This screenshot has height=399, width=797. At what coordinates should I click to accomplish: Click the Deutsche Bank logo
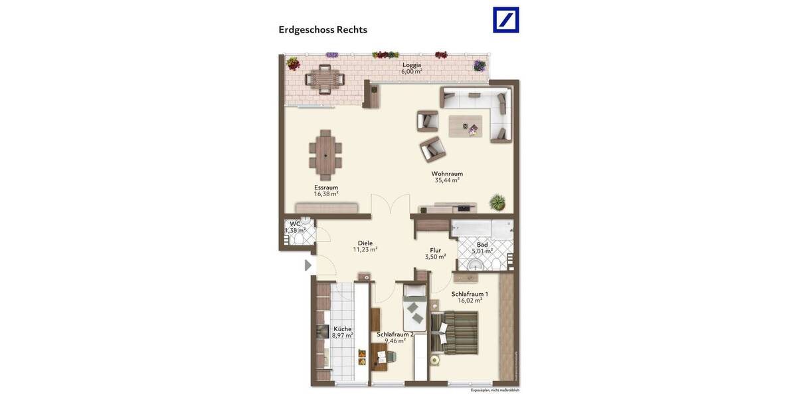click(x=505, y=20)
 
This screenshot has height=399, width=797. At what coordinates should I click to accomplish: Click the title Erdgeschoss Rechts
click(x=323, y=30)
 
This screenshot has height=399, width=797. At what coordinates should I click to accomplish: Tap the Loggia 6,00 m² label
click(x=412, y=68)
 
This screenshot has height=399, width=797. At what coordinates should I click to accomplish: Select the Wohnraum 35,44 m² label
click(x=447, y=176)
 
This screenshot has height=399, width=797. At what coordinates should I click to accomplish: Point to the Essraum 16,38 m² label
click(x=326, y=190)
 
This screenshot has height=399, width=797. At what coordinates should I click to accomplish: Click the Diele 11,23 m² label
click(x=365, y=246)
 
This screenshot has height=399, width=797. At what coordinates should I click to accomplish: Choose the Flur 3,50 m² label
click(x=435, y=253)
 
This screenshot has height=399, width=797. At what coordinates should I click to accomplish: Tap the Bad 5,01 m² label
click(x=482, y=248)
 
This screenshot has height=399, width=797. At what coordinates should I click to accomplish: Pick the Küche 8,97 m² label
click(x=343, y=332)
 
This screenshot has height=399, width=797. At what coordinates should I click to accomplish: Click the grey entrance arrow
click(x=308, y=265)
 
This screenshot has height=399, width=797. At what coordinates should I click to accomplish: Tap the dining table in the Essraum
click(x=325, y=151)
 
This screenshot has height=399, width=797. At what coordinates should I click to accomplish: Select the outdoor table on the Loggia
click(x=325, y=78)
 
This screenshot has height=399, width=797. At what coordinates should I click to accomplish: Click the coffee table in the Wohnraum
click(x=466, y=126)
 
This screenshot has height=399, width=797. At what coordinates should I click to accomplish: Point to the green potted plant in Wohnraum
click(x=496, y=201)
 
